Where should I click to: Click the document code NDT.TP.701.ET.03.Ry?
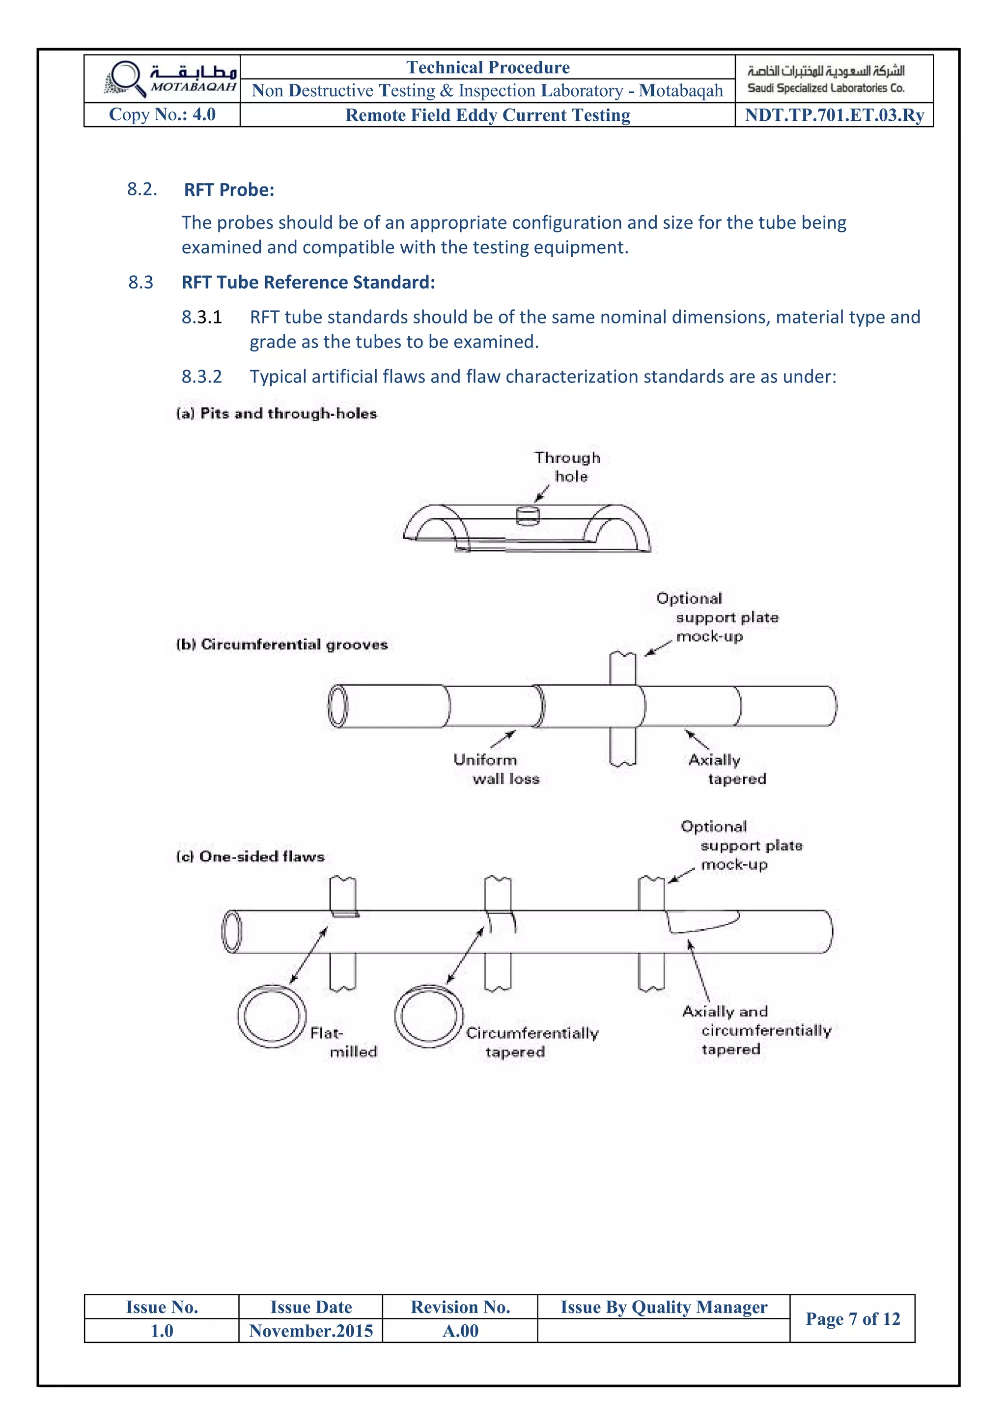834,115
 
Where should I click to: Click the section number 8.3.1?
201,317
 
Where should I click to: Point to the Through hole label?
567,467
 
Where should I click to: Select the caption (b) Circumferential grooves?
282,644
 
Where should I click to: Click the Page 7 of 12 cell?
852,1318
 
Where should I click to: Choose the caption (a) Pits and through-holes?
277,413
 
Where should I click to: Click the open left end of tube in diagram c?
232,931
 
